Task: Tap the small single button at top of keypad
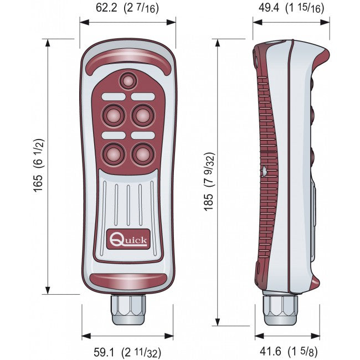128,81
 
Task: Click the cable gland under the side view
280,311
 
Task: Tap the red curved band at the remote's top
128,58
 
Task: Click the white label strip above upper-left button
113,97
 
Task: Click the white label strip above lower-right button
143,135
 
